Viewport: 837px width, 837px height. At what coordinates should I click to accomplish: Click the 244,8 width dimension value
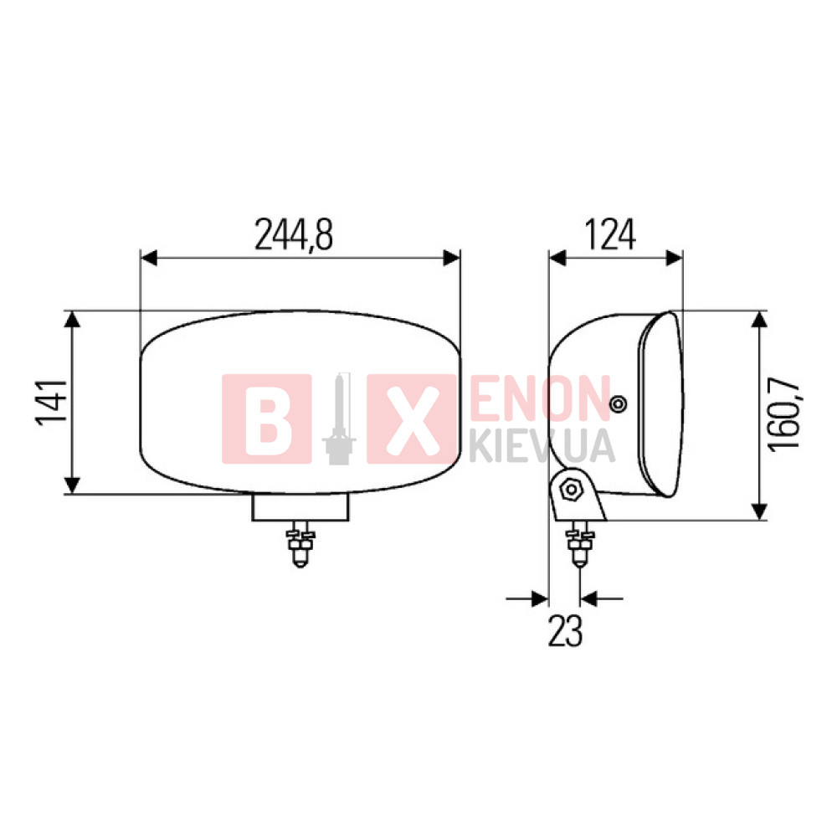point(294,235)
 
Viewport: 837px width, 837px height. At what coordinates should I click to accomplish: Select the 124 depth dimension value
point(611,235)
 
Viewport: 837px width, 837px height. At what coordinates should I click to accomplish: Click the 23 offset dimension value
point(565,631)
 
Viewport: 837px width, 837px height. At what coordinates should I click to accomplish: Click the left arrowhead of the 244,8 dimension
point(149,258)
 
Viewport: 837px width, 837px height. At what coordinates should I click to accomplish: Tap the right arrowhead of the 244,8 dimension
point(452,258)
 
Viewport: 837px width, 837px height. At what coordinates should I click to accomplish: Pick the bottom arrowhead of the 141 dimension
point(72,485)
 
